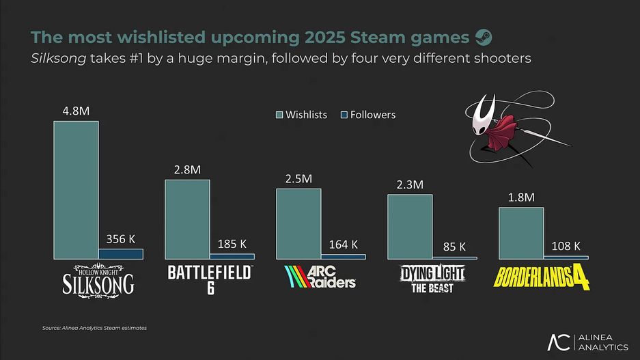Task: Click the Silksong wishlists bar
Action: pyautogui.click(x=76, y=189)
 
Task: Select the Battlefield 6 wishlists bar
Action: pyautogui.click(x=187, y=219)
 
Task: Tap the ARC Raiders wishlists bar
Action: pyautogui.click(x=298, y=223)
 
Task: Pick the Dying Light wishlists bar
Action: pyautogui.click(x=410, y=226)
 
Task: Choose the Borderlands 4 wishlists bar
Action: pyautogui.click(x=521, y=232)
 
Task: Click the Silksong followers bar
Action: pyautogui.click(x=121, y=253)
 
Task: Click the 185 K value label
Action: pyautogui.click(x=232, y=243)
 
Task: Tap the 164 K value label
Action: pyautogui.click(x=343, y=245)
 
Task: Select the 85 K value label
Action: pyautogui.click(x=454, y=246)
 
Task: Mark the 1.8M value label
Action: pyautogui.click(x=521, y=198)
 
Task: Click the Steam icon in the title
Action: pyautogui.click(x=483, y=36)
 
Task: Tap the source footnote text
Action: pyautogui.click(x=94, y=328)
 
